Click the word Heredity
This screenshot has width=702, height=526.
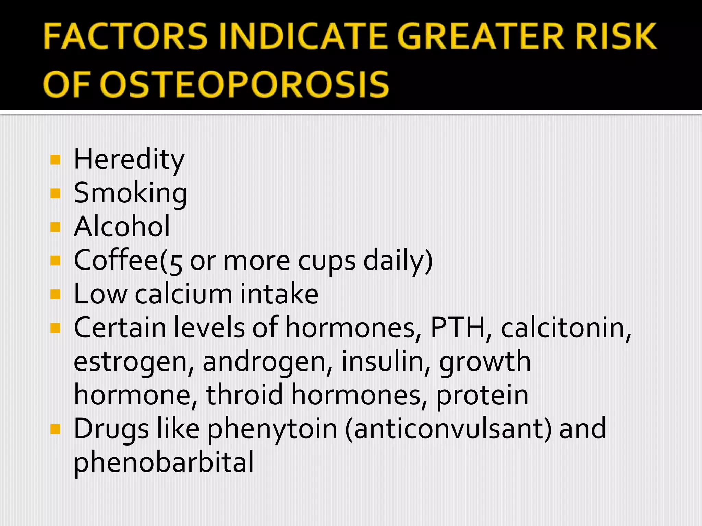[x=129, y=160]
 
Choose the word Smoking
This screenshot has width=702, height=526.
[x=130, y=193]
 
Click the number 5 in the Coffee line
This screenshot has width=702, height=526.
[x=176, y=262]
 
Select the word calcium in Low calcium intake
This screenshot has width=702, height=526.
[x=184, y=294]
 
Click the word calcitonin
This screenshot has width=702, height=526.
[x=566, y=327]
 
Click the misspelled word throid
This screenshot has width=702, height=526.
[x=244, y=394]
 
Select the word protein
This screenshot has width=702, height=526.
[x=482, y=395]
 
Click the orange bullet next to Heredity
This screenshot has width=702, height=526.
[x=55, y=160]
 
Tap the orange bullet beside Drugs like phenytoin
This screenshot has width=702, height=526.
[x=55, y=429]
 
